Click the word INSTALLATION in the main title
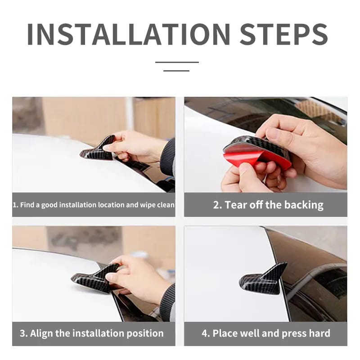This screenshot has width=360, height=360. (x=129, y=34)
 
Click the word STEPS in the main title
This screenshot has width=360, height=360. (x=284, y=34)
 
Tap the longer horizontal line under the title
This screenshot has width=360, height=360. (x=177, y=62)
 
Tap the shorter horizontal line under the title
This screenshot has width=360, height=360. (x=176, y=71)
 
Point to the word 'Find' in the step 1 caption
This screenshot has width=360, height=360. (x=27, y=205)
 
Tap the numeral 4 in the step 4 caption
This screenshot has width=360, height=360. (x=204, y=333)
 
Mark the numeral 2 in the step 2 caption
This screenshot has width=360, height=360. (x=216, y=205)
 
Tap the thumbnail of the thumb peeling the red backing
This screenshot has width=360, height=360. (x=244, y=169)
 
